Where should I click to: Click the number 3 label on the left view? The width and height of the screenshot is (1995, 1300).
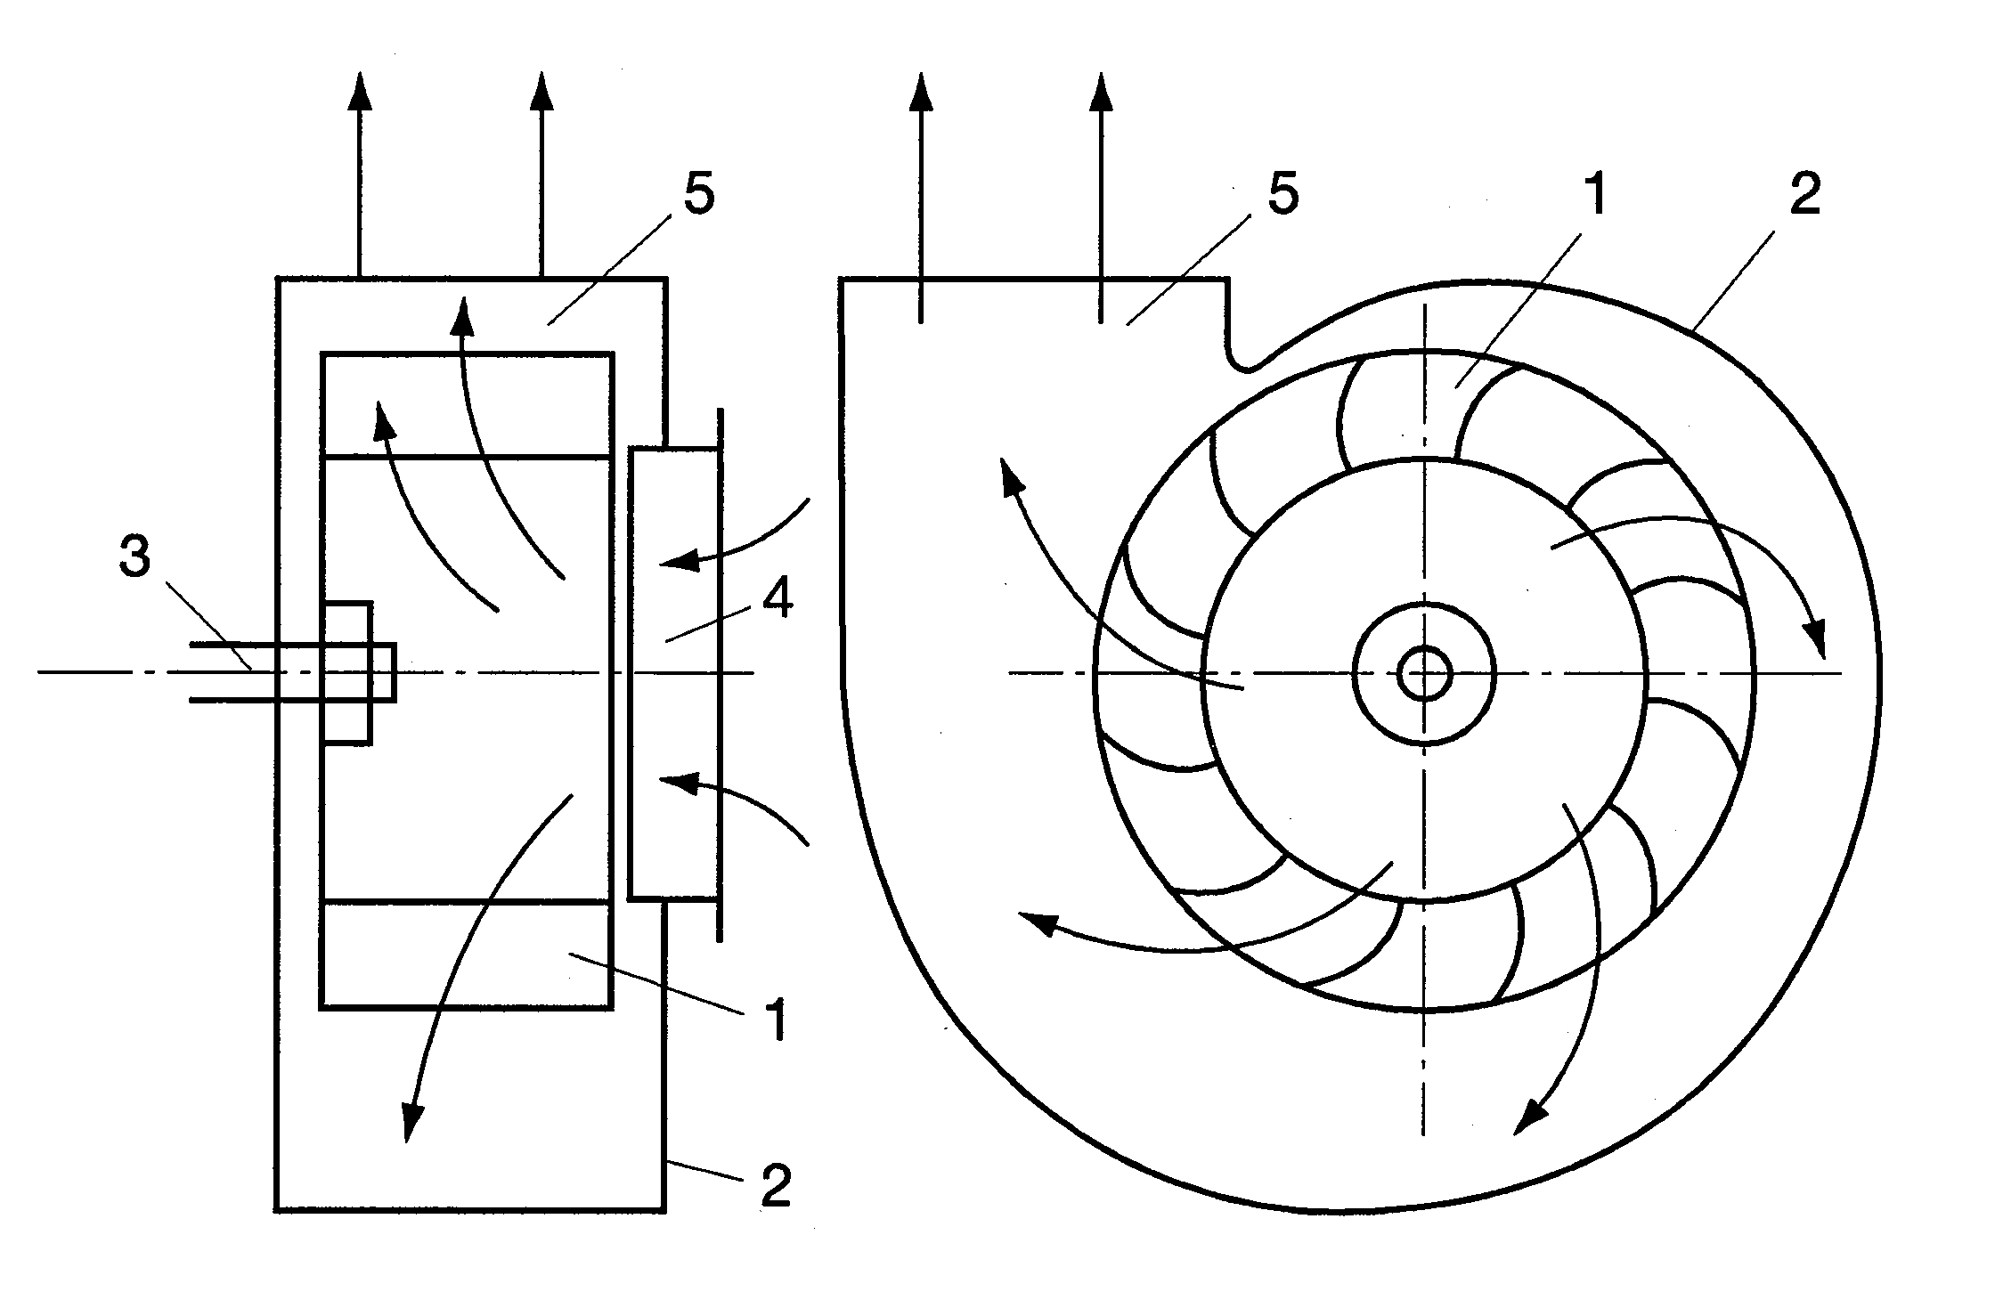134,558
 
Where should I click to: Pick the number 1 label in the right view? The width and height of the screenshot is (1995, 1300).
1595,195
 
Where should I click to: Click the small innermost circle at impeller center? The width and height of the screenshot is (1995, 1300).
1424,673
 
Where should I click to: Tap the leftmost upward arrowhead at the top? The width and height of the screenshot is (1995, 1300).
359,91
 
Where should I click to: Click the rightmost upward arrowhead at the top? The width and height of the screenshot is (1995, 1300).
1102,91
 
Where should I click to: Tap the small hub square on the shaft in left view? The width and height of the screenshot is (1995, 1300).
347,673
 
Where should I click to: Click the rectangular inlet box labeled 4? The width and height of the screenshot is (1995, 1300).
673,674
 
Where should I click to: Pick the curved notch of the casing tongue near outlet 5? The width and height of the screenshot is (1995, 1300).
1247,361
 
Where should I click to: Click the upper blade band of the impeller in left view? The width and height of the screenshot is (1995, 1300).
467,405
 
